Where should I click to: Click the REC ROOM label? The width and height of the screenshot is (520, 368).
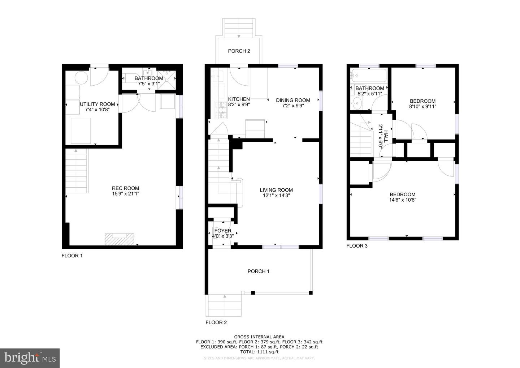pos(125,188)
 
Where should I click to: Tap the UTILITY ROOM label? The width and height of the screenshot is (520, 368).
pos(97,104)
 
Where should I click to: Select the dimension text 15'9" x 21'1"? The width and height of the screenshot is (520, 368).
pos(125,194)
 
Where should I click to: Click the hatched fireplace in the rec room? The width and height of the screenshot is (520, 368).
pos(120,239)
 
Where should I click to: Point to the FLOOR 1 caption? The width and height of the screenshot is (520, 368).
pos(72,256)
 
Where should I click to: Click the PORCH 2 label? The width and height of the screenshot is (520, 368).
pos(239,51)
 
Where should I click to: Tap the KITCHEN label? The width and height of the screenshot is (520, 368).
pos(239,99)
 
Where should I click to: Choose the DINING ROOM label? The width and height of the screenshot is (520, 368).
pos(293,100)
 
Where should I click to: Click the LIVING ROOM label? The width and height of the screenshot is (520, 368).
pos(276,190)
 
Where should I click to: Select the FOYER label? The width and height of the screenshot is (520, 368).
pos(223,231)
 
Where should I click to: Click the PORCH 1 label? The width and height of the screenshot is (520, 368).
pos(258,271)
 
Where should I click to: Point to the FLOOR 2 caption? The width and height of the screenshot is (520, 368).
pos(216,322)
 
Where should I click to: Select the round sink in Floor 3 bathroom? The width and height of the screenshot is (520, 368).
pos(357,104)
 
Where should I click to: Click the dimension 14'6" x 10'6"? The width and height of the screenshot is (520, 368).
pos(403,200)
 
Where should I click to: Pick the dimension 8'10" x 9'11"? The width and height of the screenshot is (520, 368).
pos(422,107)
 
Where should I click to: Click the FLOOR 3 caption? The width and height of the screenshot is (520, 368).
pos(357,246)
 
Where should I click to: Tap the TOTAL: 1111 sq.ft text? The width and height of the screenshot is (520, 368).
pos(259,351)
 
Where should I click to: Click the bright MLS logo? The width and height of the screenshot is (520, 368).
pos(30,358)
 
